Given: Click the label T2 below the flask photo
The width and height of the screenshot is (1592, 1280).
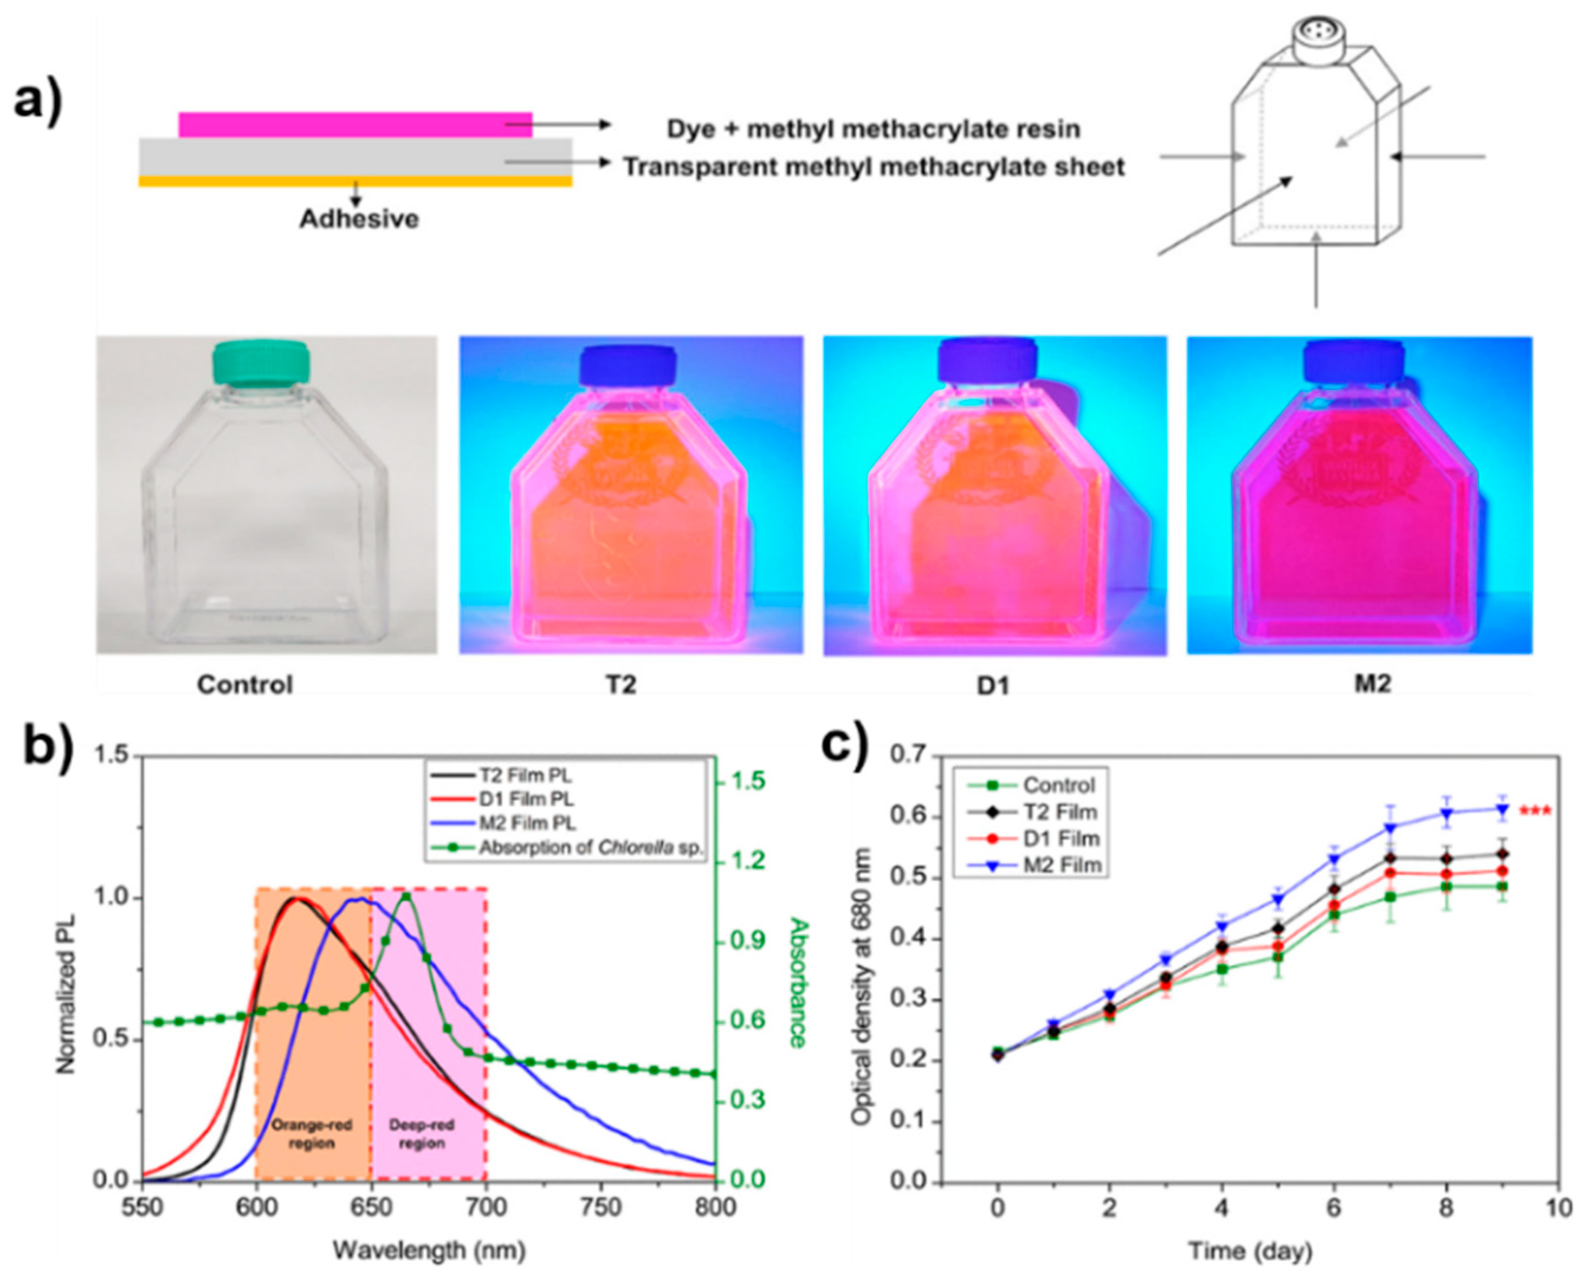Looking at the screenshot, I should (621, 685).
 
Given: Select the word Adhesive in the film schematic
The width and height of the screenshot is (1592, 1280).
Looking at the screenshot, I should (359, 219).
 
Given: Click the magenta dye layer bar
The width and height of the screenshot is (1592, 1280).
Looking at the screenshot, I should (354, 125).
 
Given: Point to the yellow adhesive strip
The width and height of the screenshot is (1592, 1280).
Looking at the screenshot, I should (354, 181).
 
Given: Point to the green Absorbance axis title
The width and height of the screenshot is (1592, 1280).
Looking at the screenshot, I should (797, 982).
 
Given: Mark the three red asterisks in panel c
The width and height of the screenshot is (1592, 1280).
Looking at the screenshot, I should (1535, 812).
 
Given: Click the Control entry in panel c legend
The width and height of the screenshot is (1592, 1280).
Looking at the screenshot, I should (1059, 785).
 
